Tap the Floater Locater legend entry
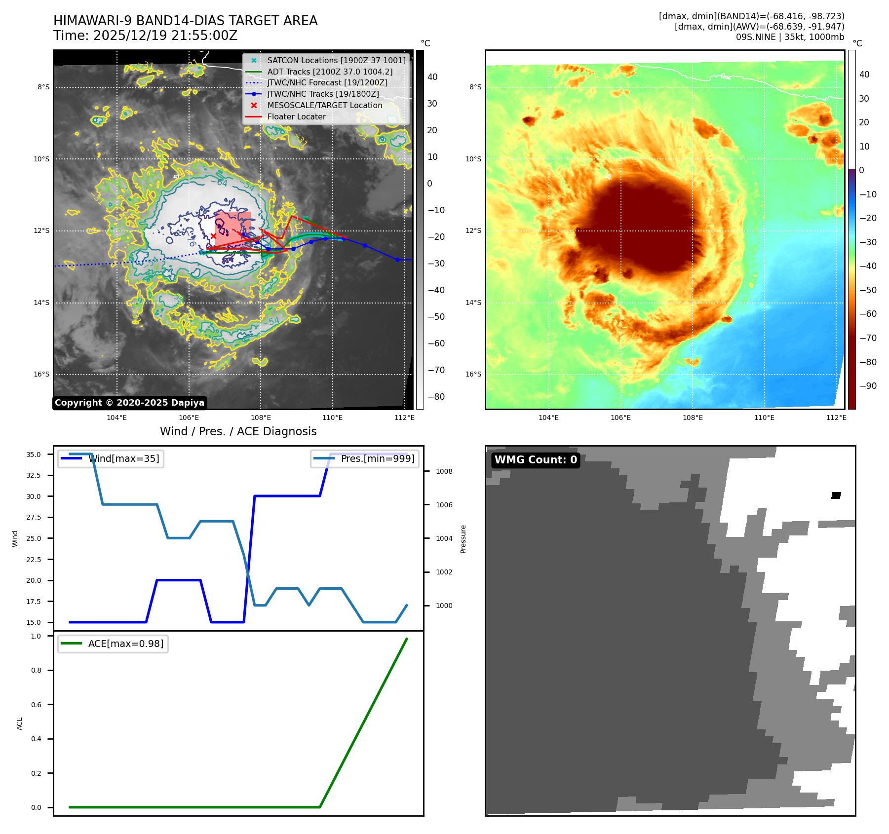[296, 116]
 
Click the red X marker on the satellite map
[213, 236]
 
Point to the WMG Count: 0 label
[536, 460]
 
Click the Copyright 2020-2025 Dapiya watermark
[129, 403]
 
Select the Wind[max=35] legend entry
[123, 458]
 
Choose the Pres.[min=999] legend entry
[378, 458]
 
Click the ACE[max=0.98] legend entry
[125, 644]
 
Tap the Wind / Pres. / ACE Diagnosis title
[238, 431]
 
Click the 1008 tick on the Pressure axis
[444, 471]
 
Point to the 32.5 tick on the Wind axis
[34, 475]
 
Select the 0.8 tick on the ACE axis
[36, 670]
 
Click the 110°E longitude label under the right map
[764, 417]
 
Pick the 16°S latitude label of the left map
[41, 374]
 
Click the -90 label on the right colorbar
[868, 386]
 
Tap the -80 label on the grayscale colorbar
[436, 397]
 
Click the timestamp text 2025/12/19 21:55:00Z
[165, 36]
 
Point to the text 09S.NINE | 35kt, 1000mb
[790, 37]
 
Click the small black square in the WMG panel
[836, 495]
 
